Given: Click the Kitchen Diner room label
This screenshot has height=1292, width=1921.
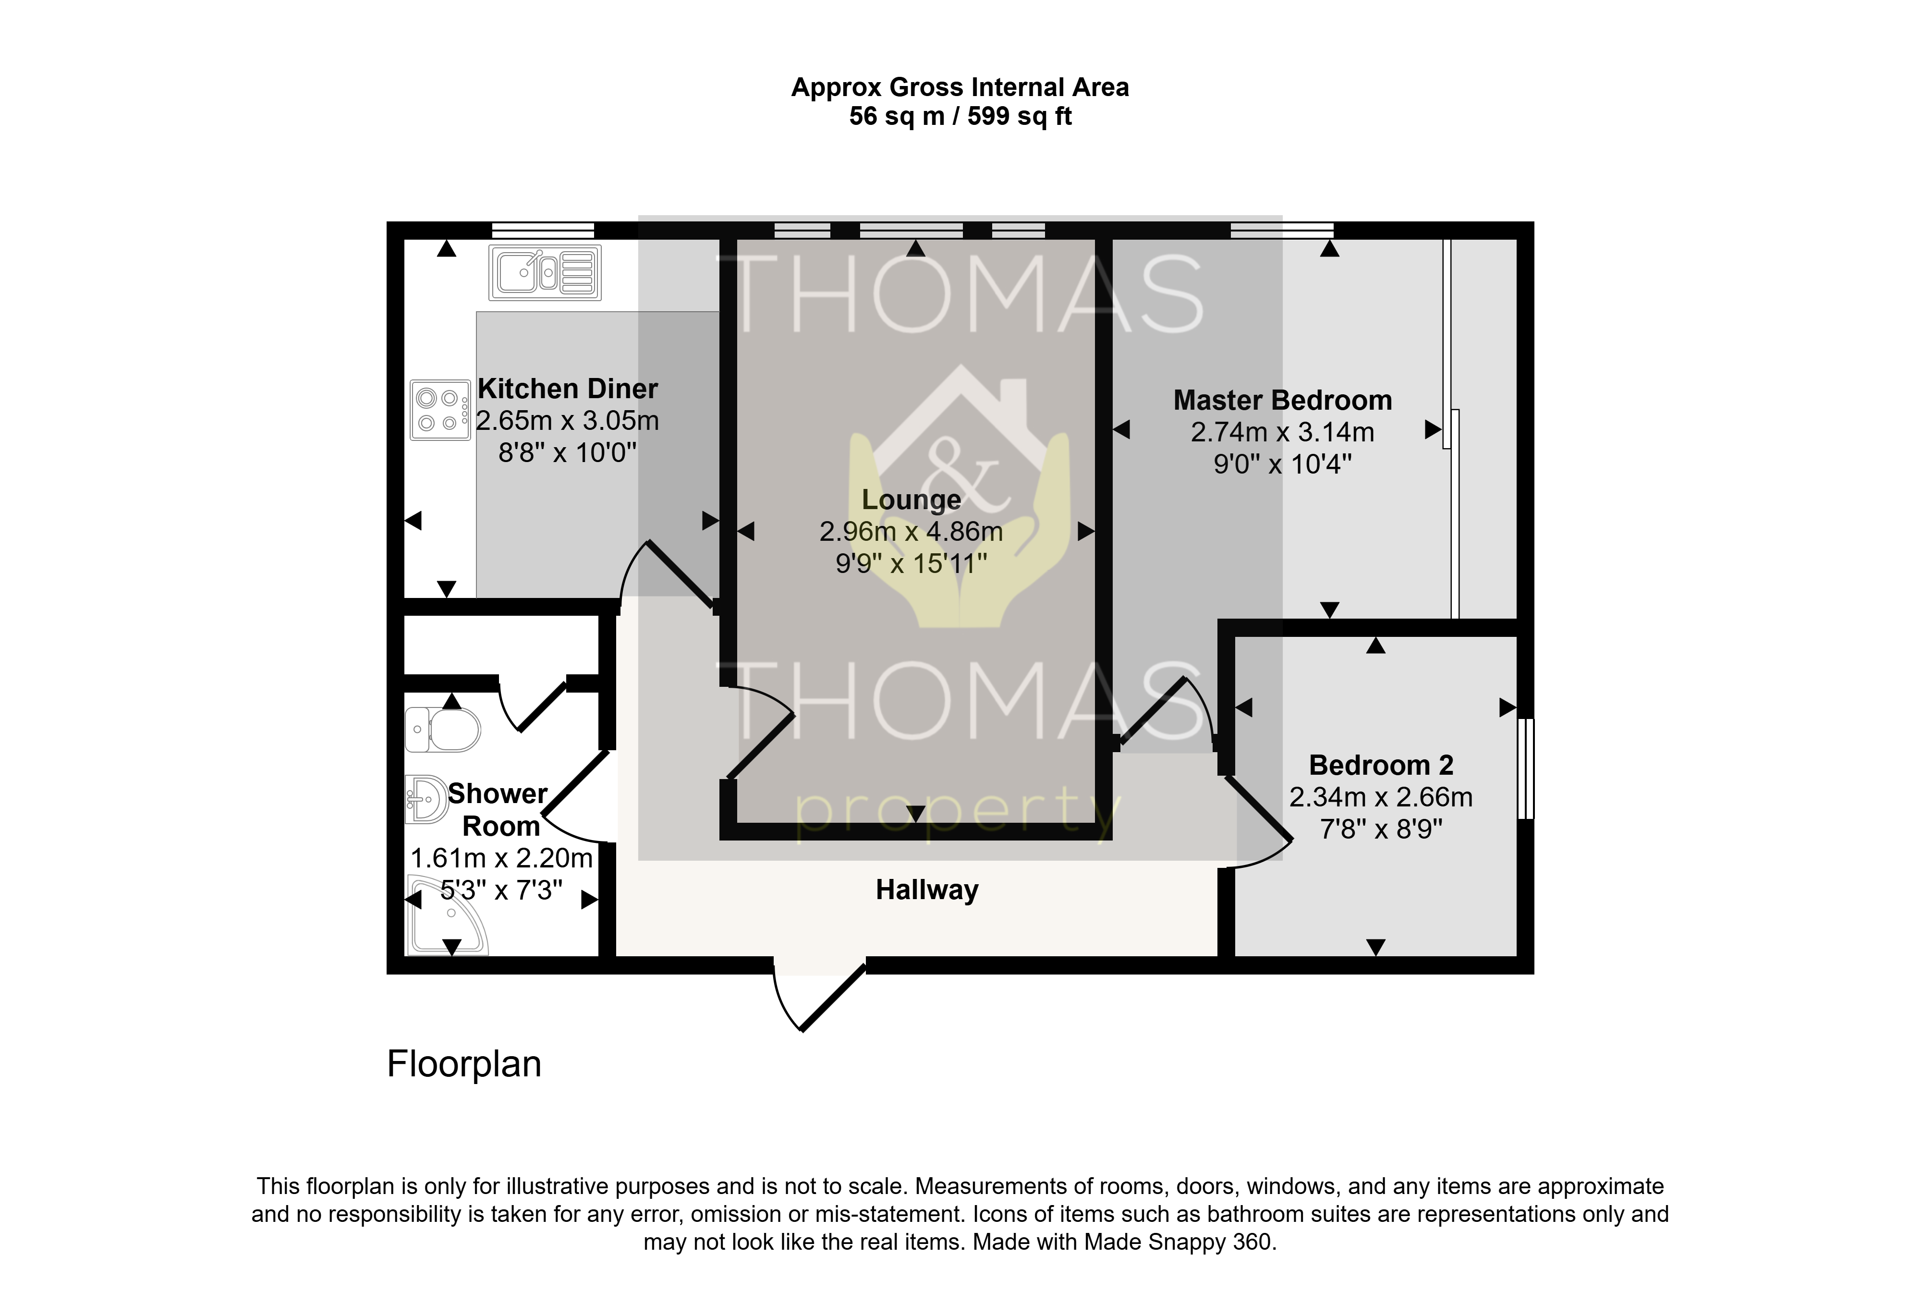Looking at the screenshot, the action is (568, 389).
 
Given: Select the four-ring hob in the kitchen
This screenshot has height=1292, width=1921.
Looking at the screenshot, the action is (440, 410).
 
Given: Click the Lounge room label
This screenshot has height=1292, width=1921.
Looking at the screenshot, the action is (911, 500).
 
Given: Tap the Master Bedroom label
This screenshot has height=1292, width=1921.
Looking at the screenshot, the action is (1283, 401).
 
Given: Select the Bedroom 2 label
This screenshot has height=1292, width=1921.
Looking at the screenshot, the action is (1382, 766).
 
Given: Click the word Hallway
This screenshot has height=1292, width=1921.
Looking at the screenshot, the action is (927, 890).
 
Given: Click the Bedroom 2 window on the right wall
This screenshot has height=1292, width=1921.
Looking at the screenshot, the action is (1526, 769).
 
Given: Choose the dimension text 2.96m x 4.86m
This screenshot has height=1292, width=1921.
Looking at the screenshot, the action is (911, 532).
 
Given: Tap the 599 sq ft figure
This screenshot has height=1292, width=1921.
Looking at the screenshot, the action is (1020, 116).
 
